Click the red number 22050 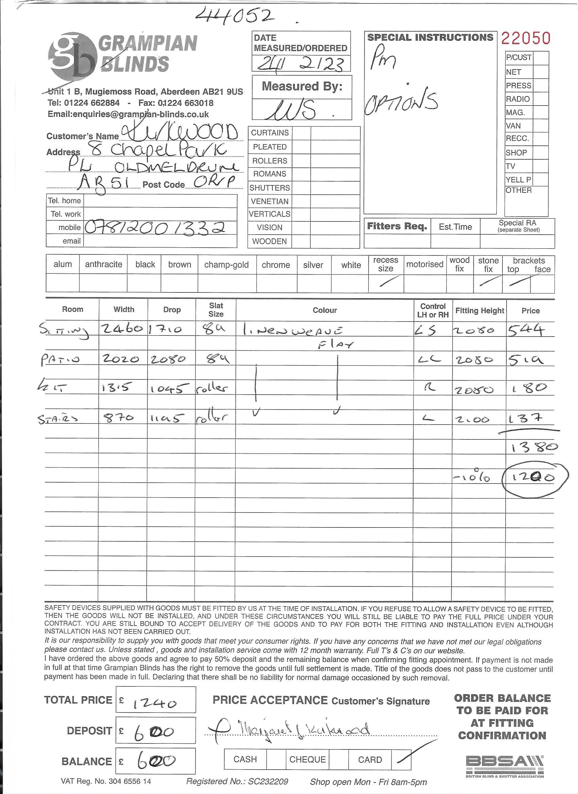tap(525, 38)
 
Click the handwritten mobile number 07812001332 tap(155, 228)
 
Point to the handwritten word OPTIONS tap(401, 102)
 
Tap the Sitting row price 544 tap(526, 330)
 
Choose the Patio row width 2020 tap(120, 359)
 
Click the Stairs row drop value tap(168, 418)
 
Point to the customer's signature tap(291, 730)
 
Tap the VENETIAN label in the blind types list tap(270, 201)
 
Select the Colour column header tap(325, 310)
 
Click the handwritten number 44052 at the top tap(235, 16)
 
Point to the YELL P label tap(518, 180)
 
